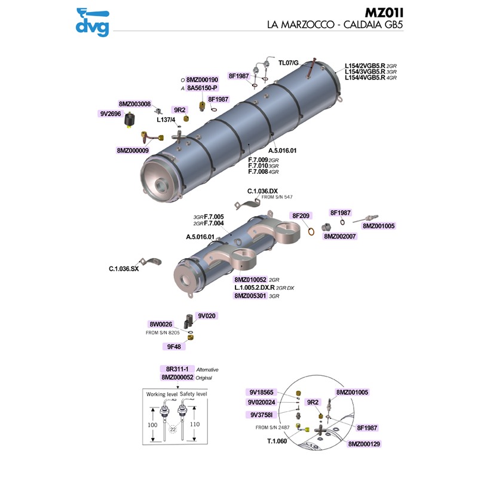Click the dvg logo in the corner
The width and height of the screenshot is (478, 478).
93,19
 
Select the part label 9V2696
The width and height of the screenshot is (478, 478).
110,113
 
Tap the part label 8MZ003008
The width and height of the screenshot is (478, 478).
134,103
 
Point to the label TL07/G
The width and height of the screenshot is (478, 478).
289,62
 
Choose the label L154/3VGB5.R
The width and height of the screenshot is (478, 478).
364,72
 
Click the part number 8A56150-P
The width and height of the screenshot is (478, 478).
203,88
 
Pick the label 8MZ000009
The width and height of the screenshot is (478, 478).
133,151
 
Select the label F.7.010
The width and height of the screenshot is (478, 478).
258,166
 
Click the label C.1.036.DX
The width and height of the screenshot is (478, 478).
262,191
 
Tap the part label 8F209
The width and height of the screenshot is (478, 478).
301,215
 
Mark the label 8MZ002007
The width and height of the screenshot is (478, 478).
339,237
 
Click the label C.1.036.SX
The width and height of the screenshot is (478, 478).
124,269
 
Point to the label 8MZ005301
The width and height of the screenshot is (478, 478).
250,295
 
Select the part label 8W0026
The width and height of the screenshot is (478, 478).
161,324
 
